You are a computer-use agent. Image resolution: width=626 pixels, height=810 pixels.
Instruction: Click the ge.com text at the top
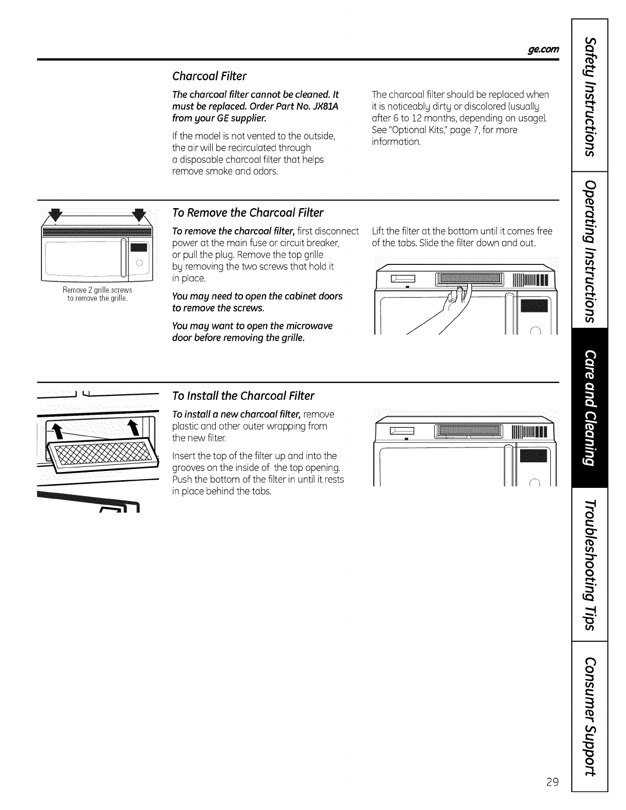pos(546,49)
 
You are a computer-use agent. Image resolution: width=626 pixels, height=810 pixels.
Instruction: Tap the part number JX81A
pos(323,106)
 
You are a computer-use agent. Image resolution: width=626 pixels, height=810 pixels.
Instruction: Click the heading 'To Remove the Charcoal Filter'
pos(248,212)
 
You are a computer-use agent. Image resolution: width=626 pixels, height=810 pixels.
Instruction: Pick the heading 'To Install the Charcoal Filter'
pos(243,396)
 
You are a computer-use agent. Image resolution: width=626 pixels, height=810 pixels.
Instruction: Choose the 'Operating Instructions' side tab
pos(591,251)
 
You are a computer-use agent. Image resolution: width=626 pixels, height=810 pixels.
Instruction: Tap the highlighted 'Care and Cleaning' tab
pos(591,407)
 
